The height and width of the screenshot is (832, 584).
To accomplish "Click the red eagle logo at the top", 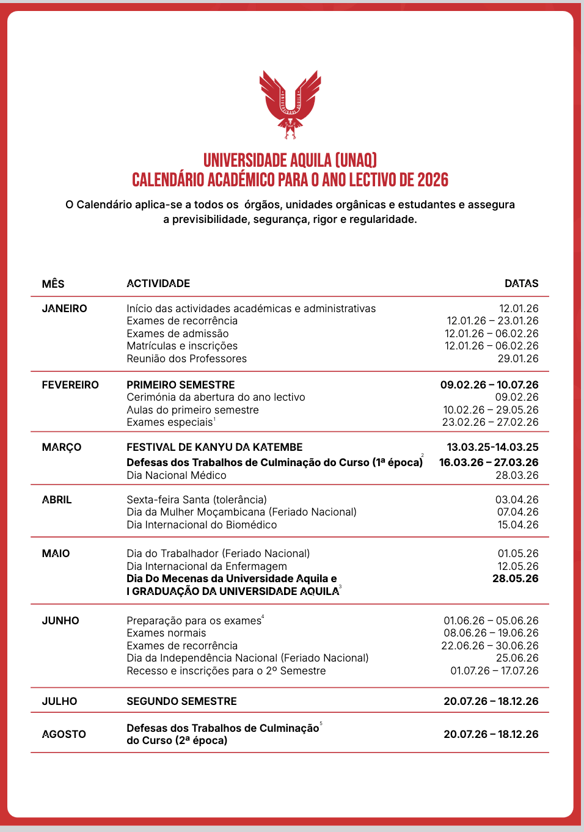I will pos(290,104).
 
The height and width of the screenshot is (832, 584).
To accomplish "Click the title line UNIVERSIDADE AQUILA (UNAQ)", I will pos(290,160).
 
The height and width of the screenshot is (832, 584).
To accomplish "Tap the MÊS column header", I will pos(53,283).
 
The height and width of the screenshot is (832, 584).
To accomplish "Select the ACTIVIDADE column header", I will pos(158,283).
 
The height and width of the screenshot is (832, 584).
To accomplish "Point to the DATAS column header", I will pos(521,283).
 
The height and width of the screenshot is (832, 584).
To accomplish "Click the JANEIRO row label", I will pos(64,308).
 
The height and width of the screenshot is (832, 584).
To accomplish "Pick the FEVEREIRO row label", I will pos(70,385).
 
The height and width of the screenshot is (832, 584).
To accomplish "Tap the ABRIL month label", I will pos(57,500).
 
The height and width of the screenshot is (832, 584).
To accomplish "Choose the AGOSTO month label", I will pos(64,734).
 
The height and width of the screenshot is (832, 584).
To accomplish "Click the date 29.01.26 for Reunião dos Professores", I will pos(518,359).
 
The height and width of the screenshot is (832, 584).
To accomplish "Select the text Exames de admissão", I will pos(178,334).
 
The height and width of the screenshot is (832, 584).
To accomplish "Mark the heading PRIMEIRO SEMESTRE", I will pos(181,385).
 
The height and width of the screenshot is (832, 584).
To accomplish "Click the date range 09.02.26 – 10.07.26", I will pos(489,385).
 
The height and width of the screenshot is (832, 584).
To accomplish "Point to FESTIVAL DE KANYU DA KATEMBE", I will pos(214,447).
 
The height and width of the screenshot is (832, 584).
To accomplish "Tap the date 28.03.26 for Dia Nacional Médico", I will pos(517,475).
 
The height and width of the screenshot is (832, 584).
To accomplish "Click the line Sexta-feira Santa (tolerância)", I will pos(197,500).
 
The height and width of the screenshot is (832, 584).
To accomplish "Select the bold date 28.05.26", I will pos(516,578).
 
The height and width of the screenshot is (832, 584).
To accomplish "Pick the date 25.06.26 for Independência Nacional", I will pos(517,658).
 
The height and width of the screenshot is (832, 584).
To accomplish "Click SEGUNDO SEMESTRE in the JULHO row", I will pos(181,701).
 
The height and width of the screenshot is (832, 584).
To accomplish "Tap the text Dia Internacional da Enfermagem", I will pos(206,566).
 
